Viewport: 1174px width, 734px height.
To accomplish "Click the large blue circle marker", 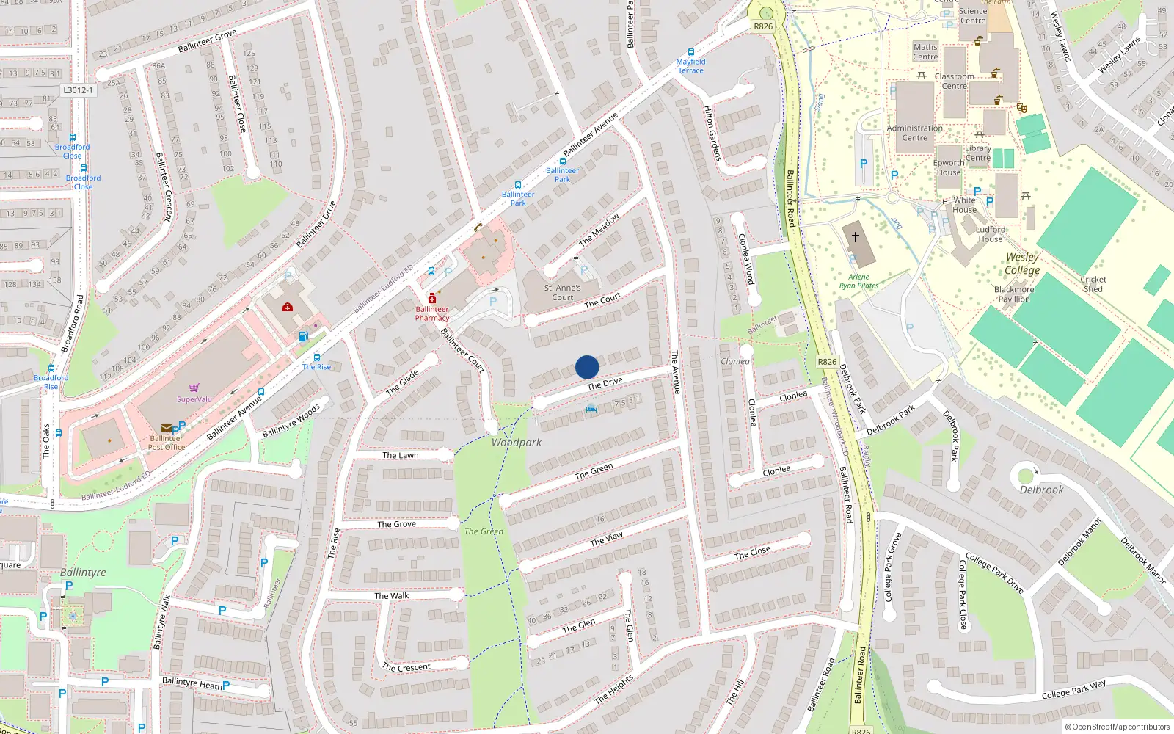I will point(587,367).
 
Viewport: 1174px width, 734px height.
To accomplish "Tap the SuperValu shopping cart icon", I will point(194,388).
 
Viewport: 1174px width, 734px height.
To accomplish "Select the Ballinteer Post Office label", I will point(167,443).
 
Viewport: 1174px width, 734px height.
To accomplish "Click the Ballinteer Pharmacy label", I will point(432,313).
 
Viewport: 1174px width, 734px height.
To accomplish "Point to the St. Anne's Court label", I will point(563,293).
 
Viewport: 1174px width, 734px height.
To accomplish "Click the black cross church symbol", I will point(855,237).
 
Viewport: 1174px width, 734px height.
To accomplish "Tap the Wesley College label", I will point(1022,264).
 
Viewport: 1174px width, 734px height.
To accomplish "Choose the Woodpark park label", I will point(517,443).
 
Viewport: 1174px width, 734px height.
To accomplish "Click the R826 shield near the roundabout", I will point(763,26).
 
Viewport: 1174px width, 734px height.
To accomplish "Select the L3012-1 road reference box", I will point(78,90).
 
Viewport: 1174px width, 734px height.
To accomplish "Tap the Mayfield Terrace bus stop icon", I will point(690,53).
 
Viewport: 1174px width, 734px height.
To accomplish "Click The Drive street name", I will point(605,384).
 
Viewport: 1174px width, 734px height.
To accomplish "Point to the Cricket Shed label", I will point(1093,284).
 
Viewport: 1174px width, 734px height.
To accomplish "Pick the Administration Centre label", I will point(914,133).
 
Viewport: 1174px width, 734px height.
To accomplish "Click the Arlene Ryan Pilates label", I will point(858,281).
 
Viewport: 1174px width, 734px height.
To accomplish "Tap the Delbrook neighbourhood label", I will point(1041,490).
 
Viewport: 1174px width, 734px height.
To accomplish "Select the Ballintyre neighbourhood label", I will point(83,573).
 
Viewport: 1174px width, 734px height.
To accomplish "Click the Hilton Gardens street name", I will point(712,133).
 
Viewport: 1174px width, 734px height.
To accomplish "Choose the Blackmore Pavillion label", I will point(1014,294).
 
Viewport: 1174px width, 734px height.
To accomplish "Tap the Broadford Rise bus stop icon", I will point(51,369).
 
